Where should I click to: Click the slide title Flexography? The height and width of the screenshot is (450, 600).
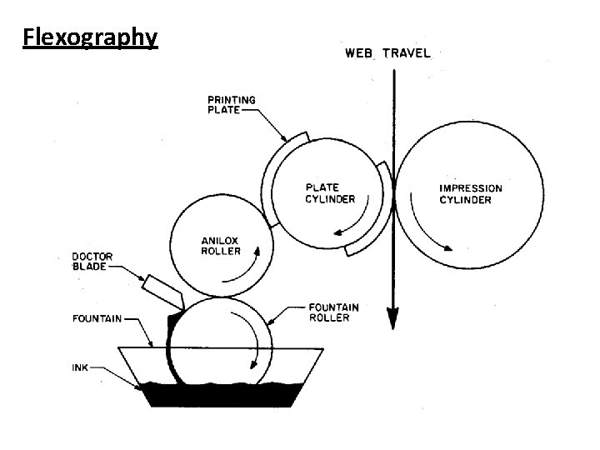(x=90, y=37)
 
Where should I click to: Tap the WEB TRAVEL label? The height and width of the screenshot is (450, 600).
(x=387, y=53)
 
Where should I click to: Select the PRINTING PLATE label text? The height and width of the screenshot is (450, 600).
(x=231, y=106)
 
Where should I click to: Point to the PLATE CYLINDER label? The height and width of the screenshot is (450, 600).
(x=328, y=193)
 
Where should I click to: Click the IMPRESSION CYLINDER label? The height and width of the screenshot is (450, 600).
(x=471, y=193)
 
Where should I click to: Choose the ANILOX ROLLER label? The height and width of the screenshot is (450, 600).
(x=222, y=246)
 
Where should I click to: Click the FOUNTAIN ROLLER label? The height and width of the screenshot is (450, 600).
(x=333, y=312)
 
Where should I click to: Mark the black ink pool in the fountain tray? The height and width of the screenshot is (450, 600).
(x=217, y=393)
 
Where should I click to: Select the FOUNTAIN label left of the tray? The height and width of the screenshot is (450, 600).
(x=97, y=317)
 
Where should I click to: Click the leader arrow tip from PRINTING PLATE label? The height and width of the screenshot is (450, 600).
(x=286, y=139)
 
